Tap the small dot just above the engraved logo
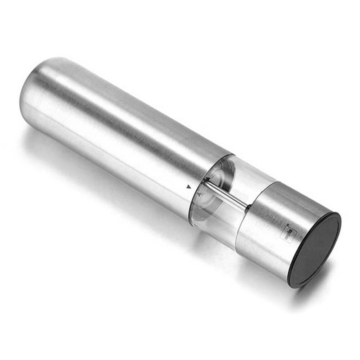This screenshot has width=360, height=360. pyautogui.click(x=288, y=225)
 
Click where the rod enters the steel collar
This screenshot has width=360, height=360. pyautogui.click(x=247, y=206)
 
